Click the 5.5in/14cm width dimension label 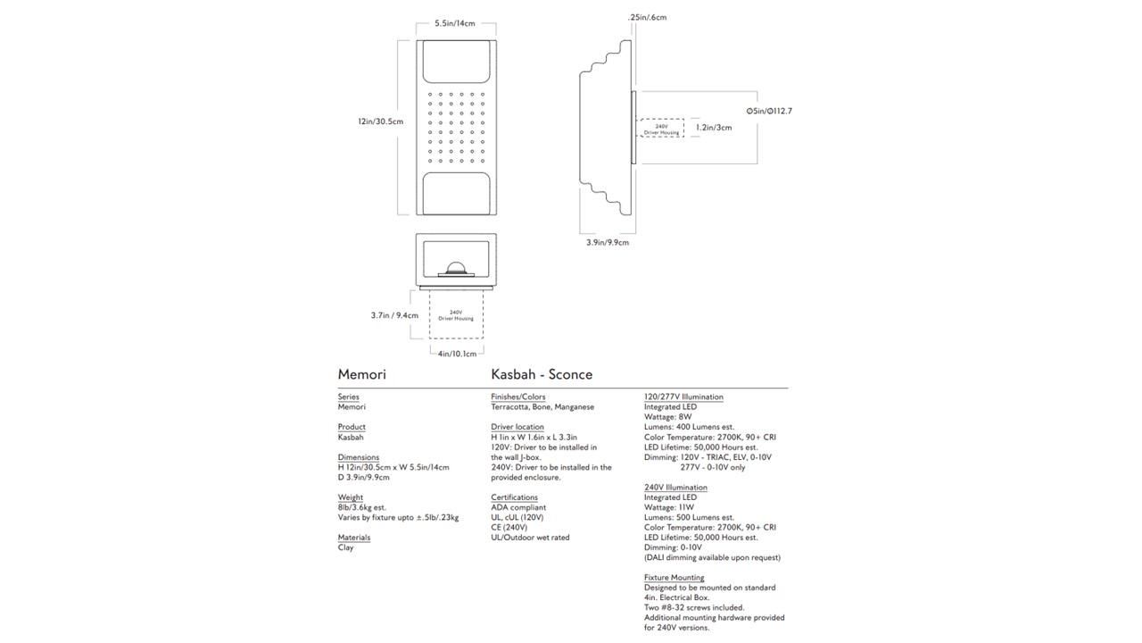pos(455,24)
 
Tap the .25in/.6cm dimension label pos(647,17)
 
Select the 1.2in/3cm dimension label pos(714,128)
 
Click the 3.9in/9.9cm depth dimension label pos(607,242)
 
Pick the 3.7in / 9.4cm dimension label pos(393,314)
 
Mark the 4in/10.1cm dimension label pos(457,354)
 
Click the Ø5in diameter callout pos(768,111)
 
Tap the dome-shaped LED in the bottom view pos(456,267)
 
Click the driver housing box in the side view pos(661,129)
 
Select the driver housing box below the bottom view pos(456,314)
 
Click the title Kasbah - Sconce pos(542,375)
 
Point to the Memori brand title pos(361,375)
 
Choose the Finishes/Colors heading pos(518,397)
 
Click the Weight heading pos(351,497)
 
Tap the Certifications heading pos(515,497)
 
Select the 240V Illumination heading pos(675,488)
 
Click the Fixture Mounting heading pos(674,578)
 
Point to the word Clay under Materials pos(346,547)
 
